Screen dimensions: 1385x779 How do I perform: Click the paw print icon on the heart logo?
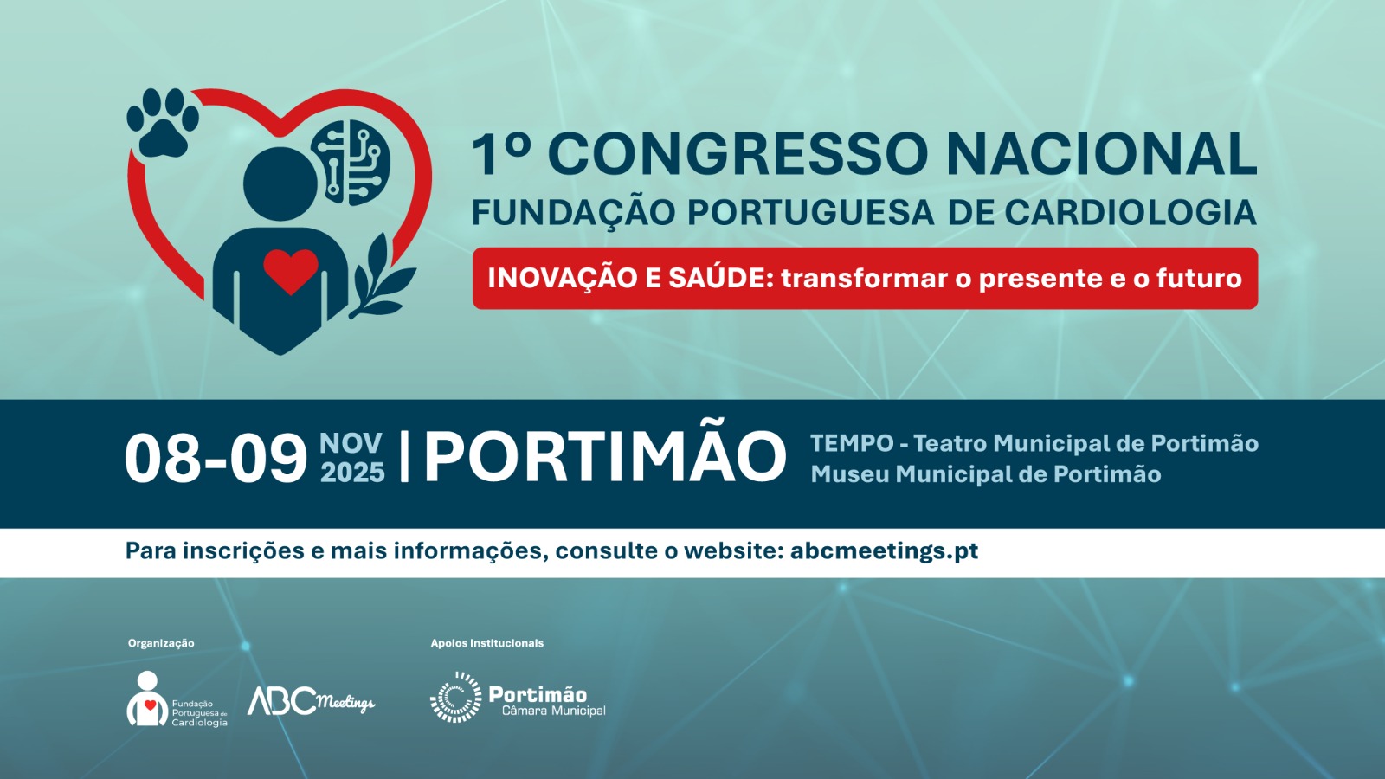point(164,123)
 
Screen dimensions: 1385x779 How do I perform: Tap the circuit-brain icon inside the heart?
point(350,163)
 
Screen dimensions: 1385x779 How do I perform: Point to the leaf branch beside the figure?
point(381,276)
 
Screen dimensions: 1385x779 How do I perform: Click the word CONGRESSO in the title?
point(738,155)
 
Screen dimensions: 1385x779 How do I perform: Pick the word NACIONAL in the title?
point(1102,155)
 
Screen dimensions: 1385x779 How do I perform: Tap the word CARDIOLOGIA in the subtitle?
point(1131,212)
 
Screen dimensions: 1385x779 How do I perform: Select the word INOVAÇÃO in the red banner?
point(562,277)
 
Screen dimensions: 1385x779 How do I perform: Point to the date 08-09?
point(216,459)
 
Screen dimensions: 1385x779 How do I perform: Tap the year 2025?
point(352,473)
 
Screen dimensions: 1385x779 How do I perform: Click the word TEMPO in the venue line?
point(852,443)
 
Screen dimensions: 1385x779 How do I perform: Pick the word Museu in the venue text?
point(850,474)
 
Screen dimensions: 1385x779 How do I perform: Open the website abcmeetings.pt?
point(884,550)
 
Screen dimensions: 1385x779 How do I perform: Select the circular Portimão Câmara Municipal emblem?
point(455,698)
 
